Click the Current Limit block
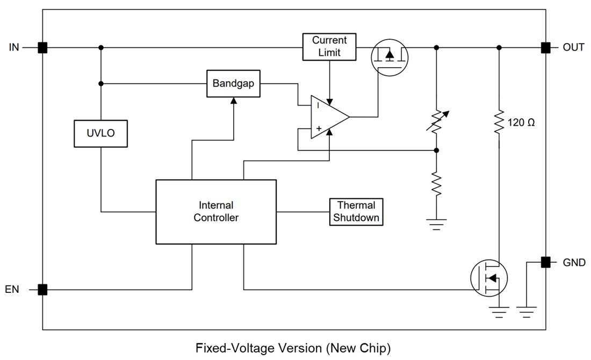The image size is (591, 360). tap(329, 47)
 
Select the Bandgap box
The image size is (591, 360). tap(233, 83)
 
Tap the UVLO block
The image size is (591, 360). tap(101, 133)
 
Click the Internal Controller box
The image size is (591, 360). tap(216, 212)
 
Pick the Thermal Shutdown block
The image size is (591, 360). tap(356, 212)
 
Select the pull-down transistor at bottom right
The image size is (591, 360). tap(489, 277)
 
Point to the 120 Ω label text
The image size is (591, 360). tap(521, 123)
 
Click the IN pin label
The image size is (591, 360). tap(14, 47)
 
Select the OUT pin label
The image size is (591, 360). tap(573, 47)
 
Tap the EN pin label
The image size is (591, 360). tap(12, 290)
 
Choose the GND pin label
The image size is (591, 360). tap(574, 263)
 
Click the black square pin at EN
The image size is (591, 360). tap(42, 290)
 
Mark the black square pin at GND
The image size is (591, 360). tap(546, 262)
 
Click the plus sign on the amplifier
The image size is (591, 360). tap(319, 129)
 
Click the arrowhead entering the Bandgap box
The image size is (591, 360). tap(233, 100)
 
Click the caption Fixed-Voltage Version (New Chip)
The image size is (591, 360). tap(293, 348)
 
